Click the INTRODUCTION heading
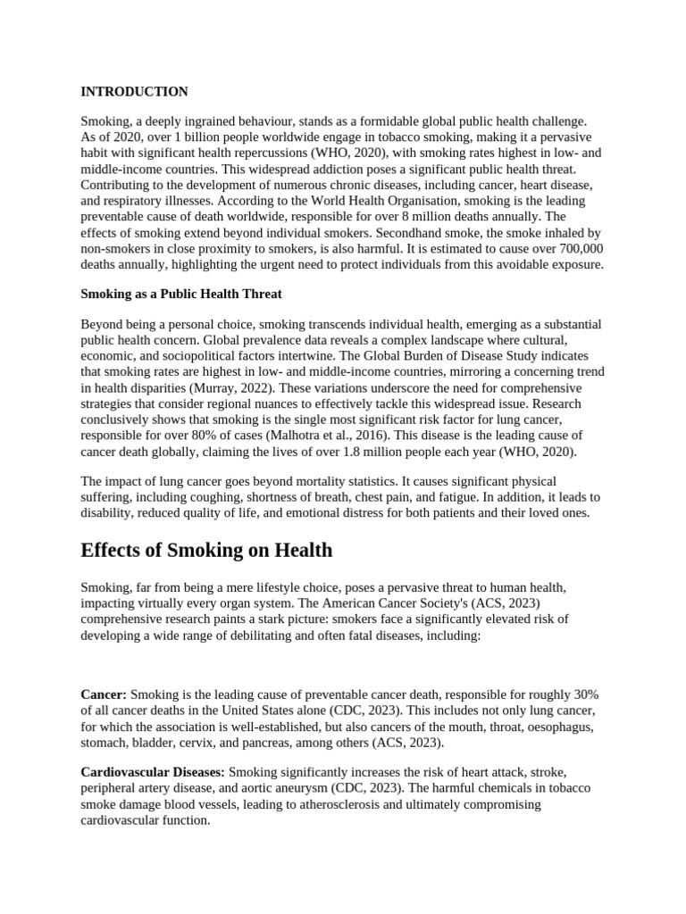pos(134,92)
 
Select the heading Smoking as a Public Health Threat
pos(181,295)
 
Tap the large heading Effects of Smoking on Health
pos(206,551)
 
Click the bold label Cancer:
pos(104,695)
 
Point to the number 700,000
pos(578,249)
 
